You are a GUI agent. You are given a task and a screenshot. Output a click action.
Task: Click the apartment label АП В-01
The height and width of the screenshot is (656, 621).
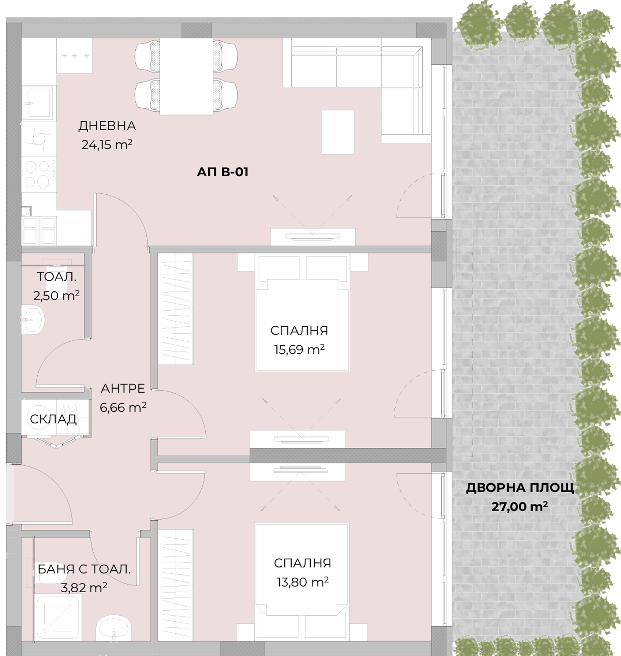[223, 172]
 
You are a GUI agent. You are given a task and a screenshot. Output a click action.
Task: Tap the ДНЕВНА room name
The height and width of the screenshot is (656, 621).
[107, 126]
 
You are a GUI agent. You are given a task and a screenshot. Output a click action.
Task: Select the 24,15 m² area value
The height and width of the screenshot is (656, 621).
[107, 145]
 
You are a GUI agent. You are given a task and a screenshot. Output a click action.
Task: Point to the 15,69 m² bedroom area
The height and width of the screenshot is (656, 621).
[299, 349]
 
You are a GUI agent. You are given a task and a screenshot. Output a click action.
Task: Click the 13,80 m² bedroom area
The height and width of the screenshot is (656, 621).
[303, 582]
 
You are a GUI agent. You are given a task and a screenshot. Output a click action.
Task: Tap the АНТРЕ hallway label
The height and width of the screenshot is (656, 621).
[123, 388]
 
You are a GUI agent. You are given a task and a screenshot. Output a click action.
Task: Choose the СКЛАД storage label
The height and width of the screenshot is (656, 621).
[53, 419]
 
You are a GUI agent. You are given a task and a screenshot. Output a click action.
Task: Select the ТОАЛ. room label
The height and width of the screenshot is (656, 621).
[56, 277]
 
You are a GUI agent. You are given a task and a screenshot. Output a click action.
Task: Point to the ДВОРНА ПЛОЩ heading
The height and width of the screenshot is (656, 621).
[520, 488]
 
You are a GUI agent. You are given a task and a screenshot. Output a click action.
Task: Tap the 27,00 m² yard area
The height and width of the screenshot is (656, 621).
[519, 506]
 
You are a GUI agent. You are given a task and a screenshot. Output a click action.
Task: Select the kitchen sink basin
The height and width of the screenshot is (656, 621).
[37, 102]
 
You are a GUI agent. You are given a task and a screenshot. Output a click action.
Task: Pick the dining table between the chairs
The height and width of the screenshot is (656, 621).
[186, 76]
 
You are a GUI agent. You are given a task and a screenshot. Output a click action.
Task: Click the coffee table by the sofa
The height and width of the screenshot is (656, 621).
[338, 132]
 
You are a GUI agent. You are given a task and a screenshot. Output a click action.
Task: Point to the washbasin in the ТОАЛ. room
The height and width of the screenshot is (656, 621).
[33, 319]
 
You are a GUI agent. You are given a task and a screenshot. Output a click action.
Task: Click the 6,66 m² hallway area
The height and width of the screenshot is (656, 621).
[123, 407]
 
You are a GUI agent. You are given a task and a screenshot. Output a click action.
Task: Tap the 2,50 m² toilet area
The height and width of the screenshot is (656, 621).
[56, 295]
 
